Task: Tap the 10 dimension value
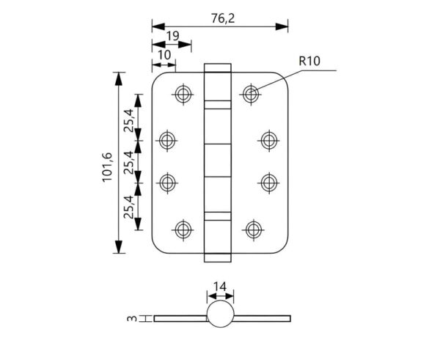click(162, 55)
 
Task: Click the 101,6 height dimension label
click(106, 166)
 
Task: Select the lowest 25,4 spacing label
click(128, 208)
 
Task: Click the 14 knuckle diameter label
click(221, 287)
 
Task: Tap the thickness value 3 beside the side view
click(131, 318)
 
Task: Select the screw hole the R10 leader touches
click(252, 93)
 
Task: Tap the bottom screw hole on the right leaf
click(252, 229)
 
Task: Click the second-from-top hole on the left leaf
click(169, 139)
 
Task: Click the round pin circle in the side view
click(219, 317)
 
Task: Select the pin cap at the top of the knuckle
click(219, 68)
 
